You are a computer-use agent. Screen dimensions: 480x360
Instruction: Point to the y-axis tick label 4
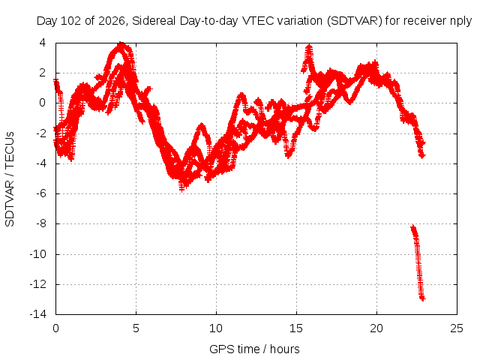pyautogui.click(x=42, y=43)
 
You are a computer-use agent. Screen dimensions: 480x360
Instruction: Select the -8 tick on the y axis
pyautogui.click(x=40, y=223)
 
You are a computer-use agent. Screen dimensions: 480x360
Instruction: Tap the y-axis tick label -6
pyautogui.click(x=40, y=193)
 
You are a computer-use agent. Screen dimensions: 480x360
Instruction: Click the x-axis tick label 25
pyautogui.click(x=457, y=328)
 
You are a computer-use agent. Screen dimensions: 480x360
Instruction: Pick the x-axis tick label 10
pyautogui.click(x=216, y=328)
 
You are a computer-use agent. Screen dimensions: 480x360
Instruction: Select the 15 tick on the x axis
pyautogui.click(x=296, y=328)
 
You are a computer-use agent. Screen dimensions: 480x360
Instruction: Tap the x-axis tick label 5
pyautogui.click(x=136, y=328)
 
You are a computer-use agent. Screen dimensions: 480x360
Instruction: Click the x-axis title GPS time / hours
pyautogui.click(x=254, y=349)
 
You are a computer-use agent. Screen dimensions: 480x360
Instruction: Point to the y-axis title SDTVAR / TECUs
pyautogui.click(x=10, y=179)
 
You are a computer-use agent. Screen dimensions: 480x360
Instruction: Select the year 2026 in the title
pyautogui.click(x=112, y=21)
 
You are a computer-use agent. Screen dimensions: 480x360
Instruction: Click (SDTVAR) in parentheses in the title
pyautogui.click(x=355, y=21)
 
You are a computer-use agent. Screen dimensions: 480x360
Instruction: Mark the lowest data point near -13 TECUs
pyautogui.click(x=423, y=298)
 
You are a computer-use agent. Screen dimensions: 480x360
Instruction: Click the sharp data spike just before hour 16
pyautogui.click(x=310, y=46)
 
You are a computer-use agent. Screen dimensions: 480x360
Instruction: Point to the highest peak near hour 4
pyautogui.click(x=121, y=43)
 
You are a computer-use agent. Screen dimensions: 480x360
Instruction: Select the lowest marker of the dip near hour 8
pyautogui.click(x=181, y=190)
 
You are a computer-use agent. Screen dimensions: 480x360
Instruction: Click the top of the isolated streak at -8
pyautogui.click(x=413, y=226)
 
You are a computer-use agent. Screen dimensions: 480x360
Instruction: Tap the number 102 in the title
pyautogui.click(x=71, y=21)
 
